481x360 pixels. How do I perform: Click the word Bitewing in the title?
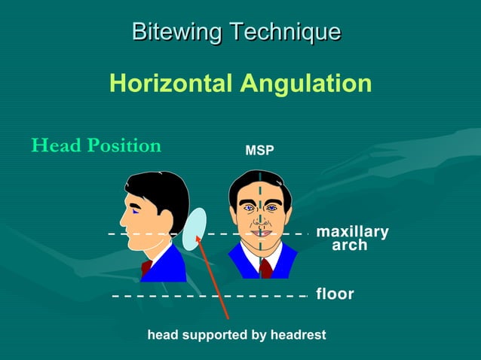[x=177, y=32]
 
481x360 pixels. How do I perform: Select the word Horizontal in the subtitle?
[x=171, y=83]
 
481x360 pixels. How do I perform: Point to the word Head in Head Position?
[x=54, y=145]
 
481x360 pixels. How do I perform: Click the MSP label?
[x=259, y=152]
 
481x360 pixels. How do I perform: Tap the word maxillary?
[x=352, y=231]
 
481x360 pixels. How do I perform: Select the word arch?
[x=350, y=246]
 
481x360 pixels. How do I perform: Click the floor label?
[x=335, y=294]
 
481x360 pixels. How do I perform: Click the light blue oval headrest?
[x=195, y=230]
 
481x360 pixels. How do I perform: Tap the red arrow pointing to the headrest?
[x=215, y=286]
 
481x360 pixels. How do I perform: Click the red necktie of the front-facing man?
[x=265, y=268]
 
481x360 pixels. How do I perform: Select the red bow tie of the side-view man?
[x=146, y=267]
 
